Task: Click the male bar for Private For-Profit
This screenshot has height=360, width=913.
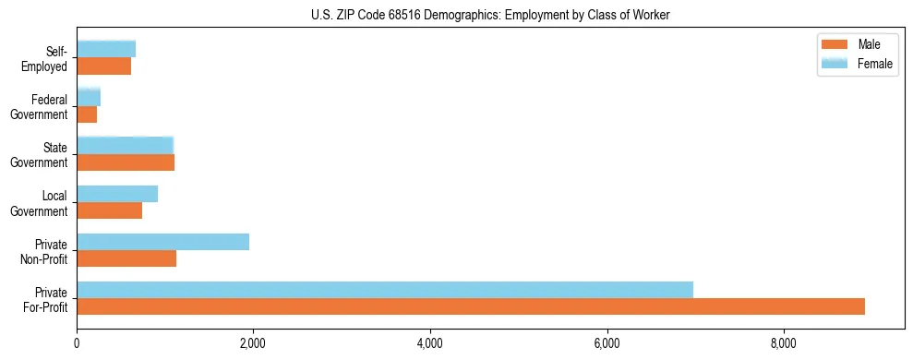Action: click(471, 306)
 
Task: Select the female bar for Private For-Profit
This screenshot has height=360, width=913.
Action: click(385, 290)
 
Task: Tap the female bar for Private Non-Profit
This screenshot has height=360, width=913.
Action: click(162, 242)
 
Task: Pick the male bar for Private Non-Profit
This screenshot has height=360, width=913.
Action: click(126, 258)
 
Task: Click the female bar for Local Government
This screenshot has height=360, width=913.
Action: click(117, 194)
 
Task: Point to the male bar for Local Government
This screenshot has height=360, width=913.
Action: click(109, 210)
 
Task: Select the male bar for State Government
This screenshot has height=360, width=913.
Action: click(126, 162)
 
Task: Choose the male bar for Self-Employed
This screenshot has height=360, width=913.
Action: click(103, 66)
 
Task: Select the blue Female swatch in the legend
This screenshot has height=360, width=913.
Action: click(835, 63)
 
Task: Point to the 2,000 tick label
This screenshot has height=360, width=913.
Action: click(253, 343)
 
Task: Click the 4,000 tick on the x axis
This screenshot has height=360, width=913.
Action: click(430, 343)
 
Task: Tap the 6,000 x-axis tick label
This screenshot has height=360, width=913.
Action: click(607, 343)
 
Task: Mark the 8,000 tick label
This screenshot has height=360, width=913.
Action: click(783, 343)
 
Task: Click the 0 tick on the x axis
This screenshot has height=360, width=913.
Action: click(77, 343)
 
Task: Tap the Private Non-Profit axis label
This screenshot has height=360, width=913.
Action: click(46, 250)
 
